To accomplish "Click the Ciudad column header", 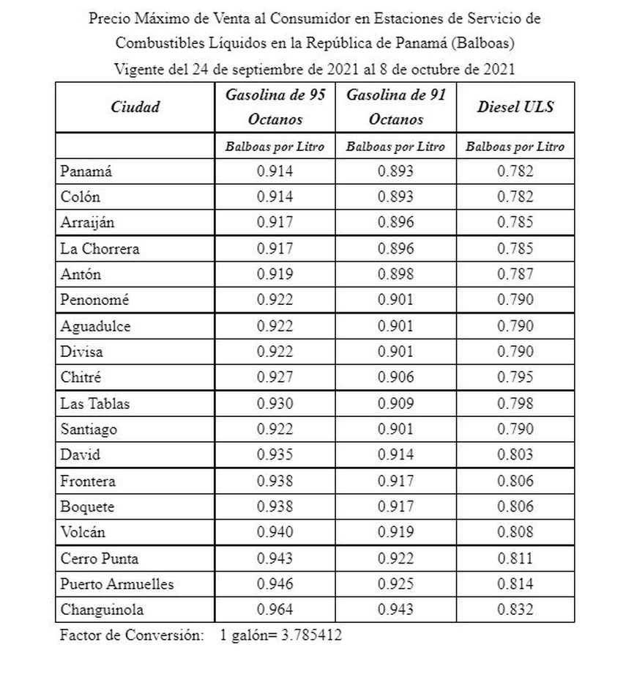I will (135, 107).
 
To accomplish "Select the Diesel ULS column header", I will (515, 107).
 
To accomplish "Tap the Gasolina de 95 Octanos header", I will (275, 107).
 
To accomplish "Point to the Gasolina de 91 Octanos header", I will (395, 107).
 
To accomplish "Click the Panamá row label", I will (86, 171).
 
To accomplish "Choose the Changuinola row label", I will (102, 610).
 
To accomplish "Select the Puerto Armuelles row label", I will (117, 584).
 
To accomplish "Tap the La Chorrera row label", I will (100, 248).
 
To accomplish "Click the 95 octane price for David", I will (275, 455).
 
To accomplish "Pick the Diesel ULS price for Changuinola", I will (515, 610).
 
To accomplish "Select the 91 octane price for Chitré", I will (395, 377).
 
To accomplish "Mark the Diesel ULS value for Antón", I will (515, 274).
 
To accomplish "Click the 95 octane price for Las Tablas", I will (275, 403).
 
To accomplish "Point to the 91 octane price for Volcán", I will (395, 532).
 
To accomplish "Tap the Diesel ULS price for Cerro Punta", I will (515, 558).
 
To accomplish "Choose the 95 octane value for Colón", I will (275, 197).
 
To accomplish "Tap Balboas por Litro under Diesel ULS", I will (515, 147).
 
